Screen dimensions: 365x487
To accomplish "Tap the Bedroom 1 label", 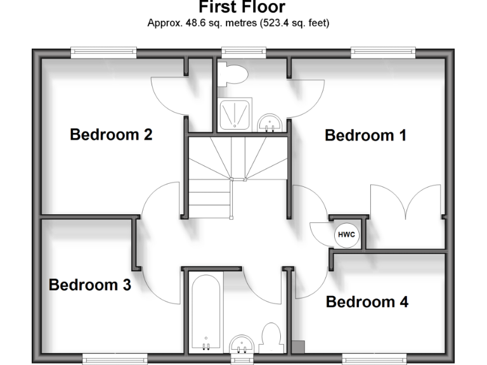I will click(x=365, y=135).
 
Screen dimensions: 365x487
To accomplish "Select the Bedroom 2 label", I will click(x=111, y=134).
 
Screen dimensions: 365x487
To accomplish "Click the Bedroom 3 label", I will click(x=90, y=285).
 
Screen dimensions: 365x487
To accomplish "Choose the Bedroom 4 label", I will click(x=367, y=302).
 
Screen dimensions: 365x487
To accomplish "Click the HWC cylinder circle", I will click(x=346, y=235).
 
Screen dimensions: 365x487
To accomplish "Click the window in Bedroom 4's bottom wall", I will click(x=374, y=359).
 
